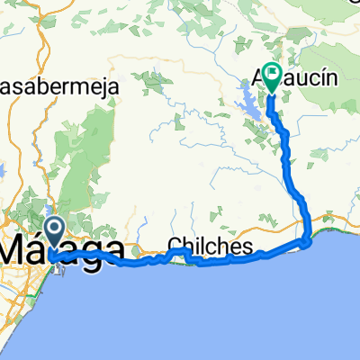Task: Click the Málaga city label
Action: [63, 247]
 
